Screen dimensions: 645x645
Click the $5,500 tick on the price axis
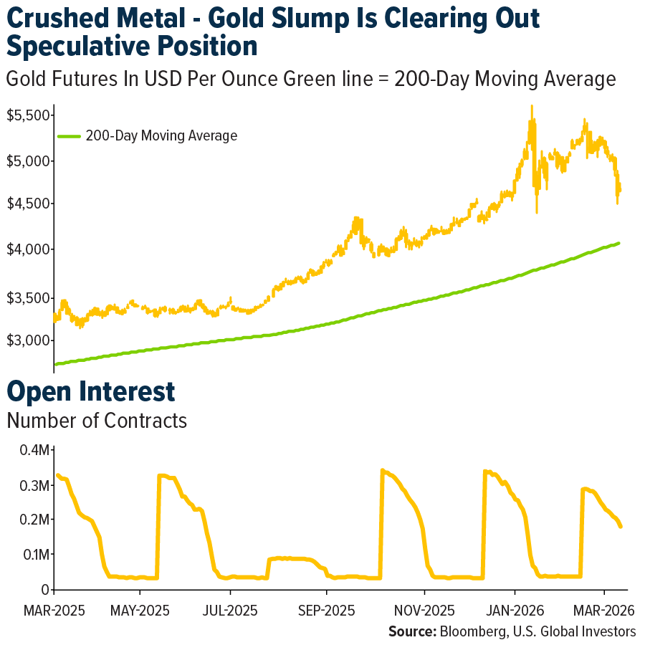(27, 115)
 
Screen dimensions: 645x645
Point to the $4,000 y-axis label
(27, 250)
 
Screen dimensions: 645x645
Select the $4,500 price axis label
(27, 204)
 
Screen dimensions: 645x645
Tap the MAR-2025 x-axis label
(55, 611)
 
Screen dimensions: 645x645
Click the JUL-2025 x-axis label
(231, 611)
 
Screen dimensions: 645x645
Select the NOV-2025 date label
(425, 611)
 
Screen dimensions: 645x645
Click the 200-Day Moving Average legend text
(161, 135)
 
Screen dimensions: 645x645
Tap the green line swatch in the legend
(70, 135)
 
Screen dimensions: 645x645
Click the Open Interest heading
(91, 391)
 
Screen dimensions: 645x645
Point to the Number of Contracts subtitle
(97, 421)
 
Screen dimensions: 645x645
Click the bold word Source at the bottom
(412, 631)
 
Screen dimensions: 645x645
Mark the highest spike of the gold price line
(531, 106)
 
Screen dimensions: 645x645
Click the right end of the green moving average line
(619, 243)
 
